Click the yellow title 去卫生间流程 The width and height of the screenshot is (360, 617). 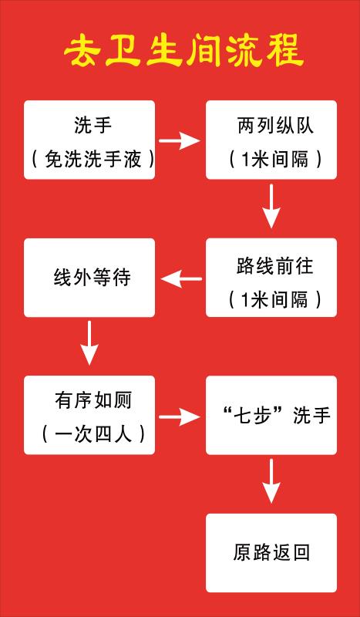(184, 52)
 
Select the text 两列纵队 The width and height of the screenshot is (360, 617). (276, 126)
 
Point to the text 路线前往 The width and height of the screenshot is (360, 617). (275, 267)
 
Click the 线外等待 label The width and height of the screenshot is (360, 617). (92, 278)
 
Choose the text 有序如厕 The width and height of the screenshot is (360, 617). (93, 401)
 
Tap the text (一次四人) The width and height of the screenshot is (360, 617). (93, 435)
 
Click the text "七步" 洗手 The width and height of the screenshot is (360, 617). (275, 416)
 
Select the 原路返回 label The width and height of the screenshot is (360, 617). (271, 552)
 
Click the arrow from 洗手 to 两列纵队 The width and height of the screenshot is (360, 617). (180, 140)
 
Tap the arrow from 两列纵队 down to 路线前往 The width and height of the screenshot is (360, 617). (271, 206)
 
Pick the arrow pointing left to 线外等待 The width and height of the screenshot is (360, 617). (181, 279)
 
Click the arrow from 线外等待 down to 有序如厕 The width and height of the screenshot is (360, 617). (89, 342)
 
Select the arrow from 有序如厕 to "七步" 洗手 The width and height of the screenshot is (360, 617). (180, 416)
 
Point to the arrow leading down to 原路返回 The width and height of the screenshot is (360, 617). (271, 480)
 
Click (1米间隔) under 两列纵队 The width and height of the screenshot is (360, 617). (275, 160)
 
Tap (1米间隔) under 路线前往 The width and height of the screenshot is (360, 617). (275, 301)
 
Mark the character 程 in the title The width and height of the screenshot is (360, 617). (285, 52)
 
